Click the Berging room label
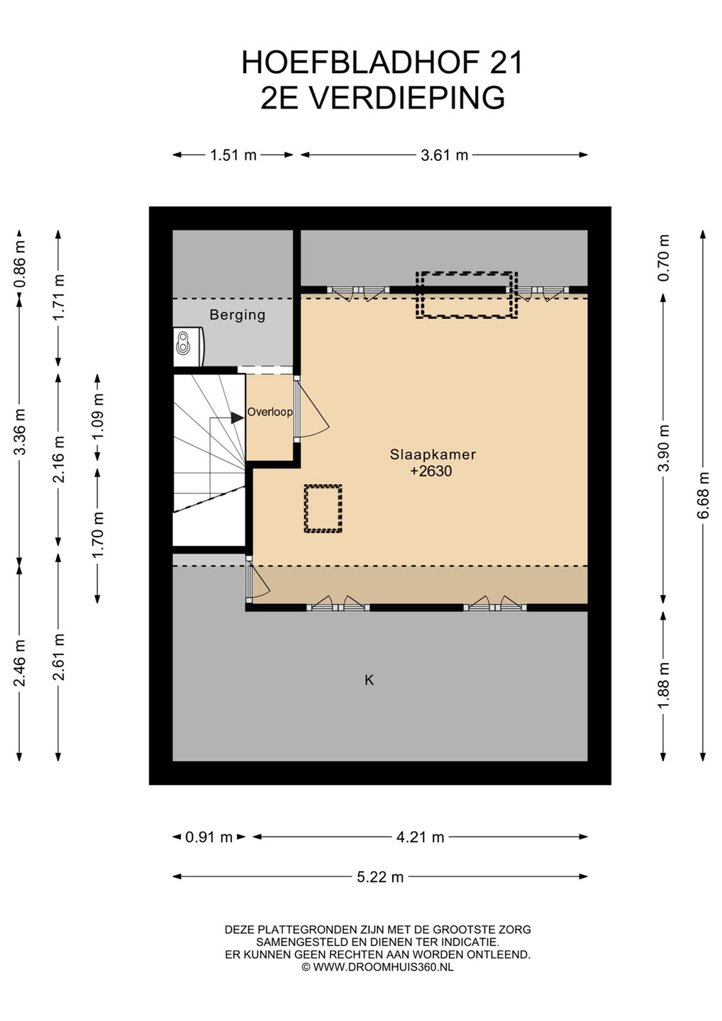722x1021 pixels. click(237, 315)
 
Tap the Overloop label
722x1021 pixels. click(270, 412)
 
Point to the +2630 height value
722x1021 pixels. click(431, 471)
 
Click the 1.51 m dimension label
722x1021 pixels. click(233, 155)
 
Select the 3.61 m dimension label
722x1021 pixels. click(445, 155)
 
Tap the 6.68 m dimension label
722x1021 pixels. click(704, 496)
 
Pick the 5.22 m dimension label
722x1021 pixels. click(380, 876)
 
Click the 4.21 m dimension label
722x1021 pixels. click(420, 837)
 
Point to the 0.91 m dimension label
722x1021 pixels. click(209, 837)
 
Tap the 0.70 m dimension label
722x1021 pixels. click(664, 257)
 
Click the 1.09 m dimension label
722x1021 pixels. click(98, 416)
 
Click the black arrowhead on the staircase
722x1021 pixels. click(237, 418)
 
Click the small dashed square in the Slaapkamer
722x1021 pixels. click(323, 508)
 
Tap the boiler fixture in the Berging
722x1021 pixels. click(189, 346)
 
